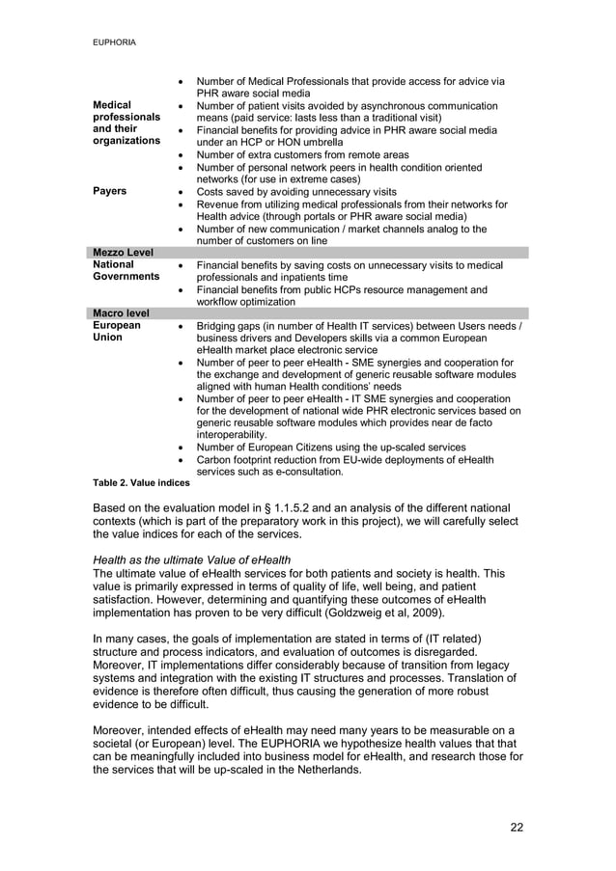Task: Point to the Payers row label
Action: [110, 191]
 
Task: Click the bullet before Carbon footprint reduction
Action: [183, 460]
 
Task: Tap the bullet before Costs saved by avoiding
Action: [183, 192]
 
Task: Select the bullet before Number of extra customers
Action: [183, 154]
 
